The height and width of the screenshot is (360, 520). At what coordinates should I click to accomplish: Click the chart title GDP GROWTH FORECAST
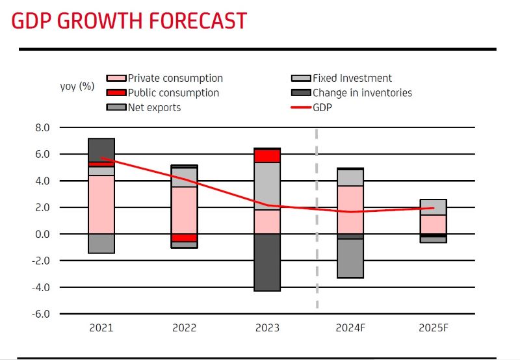pyautogui.click(x=129, y=21)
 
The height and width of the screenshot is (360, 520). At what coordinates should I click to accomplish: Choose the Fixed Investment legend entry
pyautogui.click(x=352, y=79)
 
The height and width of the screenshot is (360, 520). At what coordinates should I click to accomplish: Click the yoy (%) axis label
pyautogui.click(x=77, y=86)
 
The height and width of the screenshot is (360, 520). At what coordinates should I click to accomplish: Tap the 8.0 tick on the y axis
pyautogui.click(x=42, y=128)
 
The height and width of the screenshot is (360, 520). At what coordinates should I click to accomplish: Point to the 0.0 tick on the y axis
pyautogui.click(x=42, y=234)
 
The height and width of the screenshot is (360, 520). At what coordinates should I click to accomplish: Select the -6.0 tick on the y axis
pyautogui.click(x=41, y=314)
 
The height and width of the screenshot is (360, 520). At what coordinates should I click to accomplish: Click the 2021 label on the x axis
pyautogui.click(x=101, y=328)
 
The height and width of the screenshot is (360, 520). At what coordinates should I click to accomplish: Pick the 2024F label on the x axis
pyautogui.click(x=350, y=328)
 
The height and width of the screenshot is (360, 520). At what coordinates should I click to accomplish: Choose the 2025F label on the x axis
pyautogui.click(x=434, y=328)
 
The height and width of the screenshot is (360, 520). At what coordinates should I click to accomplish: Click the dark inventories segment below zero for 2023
pyautogui.click(x=267, y=262)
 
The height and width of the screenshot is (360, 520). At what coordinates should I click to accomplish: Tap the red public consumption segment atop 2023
pyautogui.click(x=267, y=155)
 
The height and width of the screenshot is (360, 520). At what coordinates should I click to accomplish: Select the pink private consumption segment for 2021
pyautogui.click(x=101, y=204)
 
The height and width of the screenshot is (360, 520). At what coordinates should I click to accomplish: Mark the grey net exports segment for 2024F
pyautogui.click(x=350, y=258)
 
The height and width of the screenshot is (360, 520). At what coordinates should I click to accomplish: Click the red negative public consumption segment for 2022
pyautogui.click(x=185, y=238)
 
